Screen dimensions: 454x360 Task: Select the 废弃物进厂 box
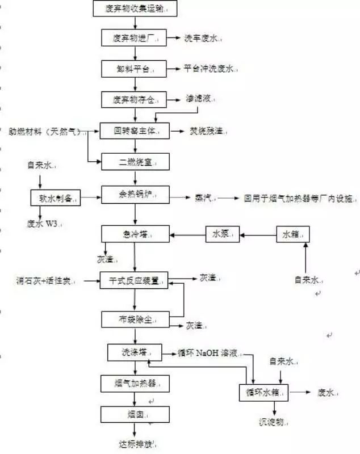coord(134,38)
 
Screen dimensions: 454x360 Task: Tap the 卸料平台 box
coord(134,69)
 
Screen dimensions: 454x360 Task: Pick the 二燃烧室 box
coord(135,162)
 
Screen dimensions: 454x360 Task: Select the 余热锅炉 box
coord(135,196)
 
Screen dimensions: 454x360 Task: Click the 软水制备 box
coord(55,197)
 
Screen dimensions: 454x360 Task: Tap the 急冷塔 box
coord(135,233)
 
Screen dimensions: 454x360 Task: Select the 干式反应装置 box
coord(135,280)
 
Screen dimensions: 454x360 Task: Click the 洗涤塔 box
coord(135,352)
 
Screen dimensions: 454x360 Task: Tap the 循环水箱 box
coord(264,392)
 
